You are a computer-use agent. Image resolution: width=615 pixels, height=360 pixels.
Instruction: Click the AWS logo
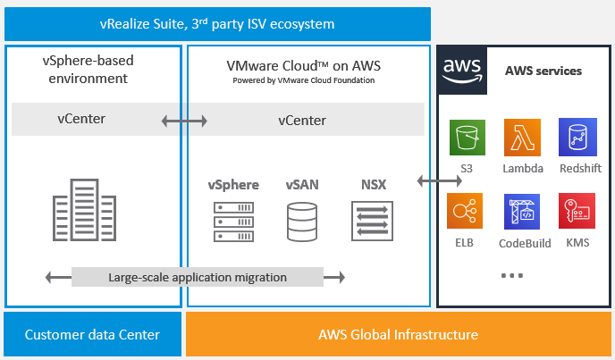click(462, 71)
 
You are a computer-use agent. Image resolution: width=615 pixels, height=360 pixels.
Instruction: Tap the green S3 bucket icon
click(467, 138)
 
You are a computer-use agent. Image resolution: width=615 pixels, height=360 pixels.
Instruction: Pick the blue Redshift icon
click(577, 138)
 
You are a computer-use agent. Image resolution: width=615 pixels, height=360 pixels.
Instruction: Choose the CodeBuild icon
click(522, 211)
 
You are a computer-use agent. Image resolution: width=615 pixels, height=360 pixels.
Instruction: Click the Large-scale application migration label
click(198, 277)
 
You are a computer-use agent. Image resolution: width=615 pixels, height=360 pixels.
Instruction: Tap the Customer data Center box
click(92, 335)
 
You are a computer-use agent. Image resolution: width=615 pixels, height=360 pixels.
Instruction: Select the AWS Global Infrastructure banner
click(399, 335)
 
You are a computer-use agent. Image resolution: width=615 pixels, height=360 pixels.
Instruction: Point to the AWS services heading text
click(543, 71)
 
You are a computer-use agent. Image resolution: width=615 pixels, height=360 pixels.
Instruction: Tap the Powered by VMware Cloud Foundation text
click(302, 80)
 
